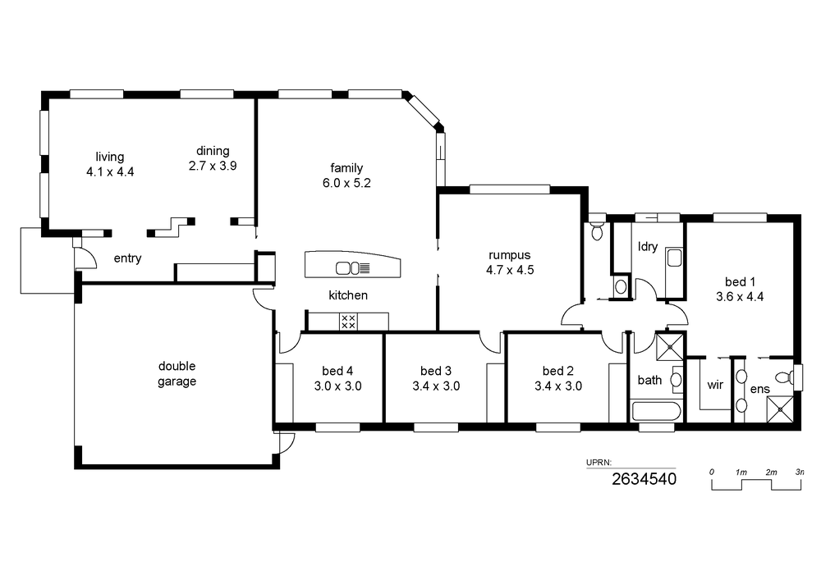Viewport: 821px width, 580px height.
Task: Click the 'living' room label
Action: click(x=110, y=157)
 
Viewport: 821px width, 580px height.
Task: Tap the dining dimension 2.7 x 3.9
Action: click(x=213, y=166)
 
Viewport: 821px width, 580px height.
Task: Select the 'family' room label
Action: click(x=346, y=168)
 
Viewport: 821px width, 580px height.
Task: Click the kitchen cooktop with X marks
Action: click(x=348, y=322)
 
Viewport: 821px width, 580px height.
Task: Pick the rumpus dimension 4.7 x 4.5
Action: click(x=510, y=270)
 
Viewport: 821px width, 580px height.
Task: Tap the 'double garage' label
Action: click(x=177, y=373)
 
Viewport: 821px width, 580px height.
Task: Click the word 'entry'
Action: click(x=128, y=258)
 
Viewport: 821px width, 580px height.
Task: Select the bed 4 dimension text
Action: click(x=337, y=386)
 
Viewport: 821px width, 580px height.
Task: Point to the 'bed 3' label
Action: click(x=436, y=371)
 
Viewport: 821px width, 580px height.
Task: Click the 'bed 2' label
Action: click(x=558, y=371)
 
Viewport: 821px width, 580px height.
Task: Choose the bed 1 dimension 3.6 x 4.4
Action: click(x=740, y=296)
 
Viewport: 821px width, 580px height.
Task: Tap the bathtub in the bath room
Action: click(x=657, y=410)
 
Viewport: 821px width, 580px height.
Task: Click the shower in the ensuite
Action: click(x=780, y=409)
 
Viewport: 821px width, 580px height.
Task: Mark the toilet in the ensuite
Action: click(x=785, y=377)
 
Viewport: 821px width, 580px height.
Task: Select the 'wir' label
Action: click(x=715, y=385)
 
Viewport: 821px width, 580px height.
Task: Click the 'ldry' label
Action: click(x=648, y=246)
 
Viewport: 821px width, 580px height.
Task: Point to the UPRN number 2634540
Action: click(x=644, y=478)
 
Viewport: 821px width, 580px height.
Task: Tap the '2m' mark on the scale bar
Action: click(x=771, y=473)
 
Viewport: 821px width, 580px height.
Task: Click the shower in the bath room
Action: click(x=670, y=346)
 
